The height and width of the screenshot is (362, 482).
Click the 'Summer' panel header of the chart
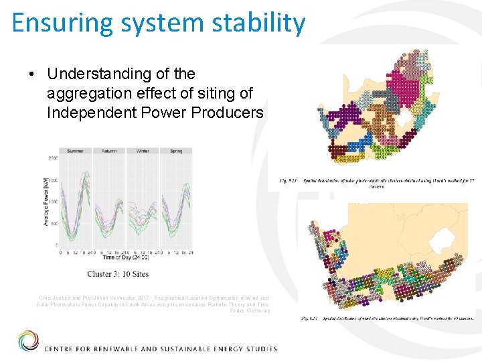[75, 151]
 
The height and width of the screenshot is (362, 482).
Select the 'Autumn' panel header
[108, 151]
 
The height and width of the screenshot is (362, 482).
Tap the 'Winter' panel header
[142, 151]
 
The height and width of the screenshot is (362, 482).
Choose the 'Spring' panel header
[175, 151]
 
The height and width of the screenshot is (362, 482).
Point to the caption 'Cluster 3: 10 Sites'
[118, 274]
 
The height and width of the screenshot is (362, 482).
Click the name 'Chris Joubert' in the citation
[56, 297]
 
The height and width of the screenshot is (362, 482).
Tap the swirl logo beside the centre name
[28, 341]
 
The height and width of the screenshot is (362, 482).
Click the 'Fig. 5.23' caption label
[287, 180]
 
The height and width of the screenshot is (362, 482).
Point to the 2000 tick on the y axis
[51, 158]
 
